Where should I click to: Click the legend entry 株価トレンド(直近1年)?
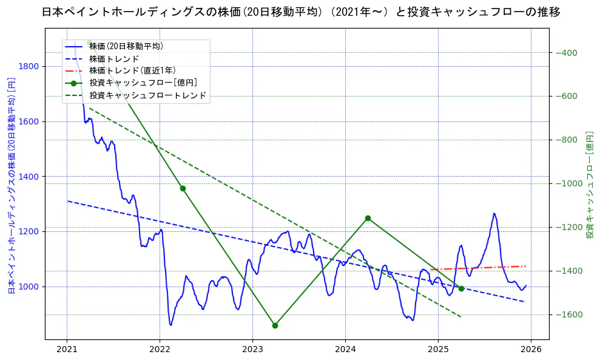point(132,71)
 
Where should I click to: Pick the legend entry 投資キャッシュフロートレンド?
point(148,96)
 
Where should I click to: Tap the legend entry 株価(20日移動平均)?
point(126,46)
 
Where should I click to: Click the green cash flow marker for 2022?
point(183,188)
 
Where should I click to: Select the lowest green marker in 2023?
point(275,325)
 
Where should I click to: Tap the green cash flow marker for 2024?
point(368,218)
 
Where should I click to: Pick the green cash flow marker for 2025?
point(461,288)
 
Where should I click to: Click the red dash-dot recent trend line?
point(479,268)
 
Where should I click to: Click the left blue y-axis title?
point(11,185)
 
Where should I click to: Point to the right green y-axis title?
point(589,185)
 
